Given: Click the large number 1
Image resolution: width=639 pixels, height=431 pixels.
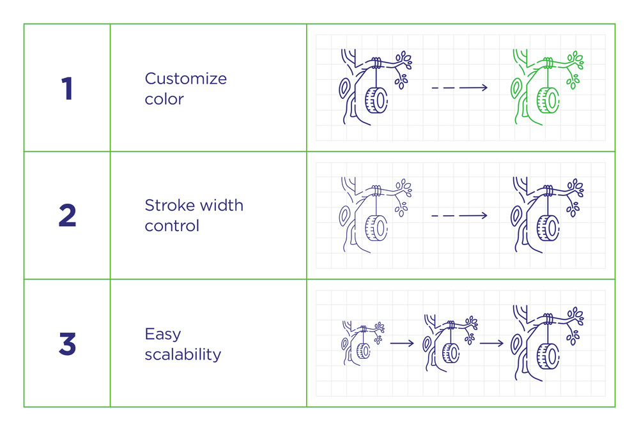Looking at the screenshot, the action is click(67, 88).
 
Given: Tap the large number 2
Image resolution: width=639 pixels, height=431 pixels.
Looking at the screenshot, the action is click(67, 215).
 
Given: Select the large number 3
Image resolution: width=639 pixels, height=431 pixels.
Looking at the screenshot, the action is click(67, 344).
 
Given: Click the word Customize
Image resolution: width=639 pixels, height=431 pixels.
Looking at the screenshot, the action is click(186, 78).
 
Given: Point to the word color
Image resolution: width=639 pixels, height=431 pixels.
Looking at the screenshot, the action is click(164, 99).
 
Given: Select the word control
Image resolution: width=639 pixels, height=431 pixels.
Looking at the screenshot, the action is click(172, 225).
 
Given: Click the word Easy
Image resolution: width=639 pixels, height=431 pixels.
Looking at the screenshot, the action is click(163, 335).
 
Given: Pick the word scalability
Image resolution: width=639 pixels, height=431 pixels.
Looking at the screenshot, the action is click(183, 354).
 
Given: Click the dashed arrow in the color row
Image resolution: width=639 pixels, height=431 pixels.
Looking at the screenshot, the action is click(459, 87).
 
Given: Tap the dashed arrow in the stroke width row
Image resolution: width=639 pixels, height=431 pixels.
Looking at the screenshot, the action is click(459, 216).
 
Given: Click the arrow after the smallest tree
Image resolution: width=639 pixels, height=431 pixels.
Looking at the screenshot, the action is click(402, 344).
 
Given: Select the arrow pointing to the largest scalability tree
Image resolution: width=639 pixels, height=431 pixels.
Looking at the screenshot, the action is click(492, 344).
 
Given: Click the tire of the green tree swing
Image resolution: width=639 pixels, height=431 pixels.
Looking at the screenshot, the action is click(548, 100).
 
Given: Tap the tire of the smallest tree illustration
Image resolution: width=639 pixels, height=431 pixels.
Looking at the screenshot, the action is click(364, 351).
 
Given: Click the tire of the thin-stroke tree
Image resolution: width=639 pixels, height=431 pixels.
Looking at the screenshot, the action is click(376, 228).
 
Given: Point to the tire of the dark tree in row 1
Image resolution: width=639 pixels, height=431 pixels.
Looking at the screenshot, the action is click(376, 100).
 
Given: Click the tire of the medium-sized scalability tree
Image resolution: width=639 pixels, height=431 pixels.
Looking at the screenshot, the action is click(450, 353).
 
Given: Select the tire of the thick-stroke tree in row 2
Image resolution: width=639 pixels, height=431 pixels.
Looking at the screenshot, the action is click(548, 228).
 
